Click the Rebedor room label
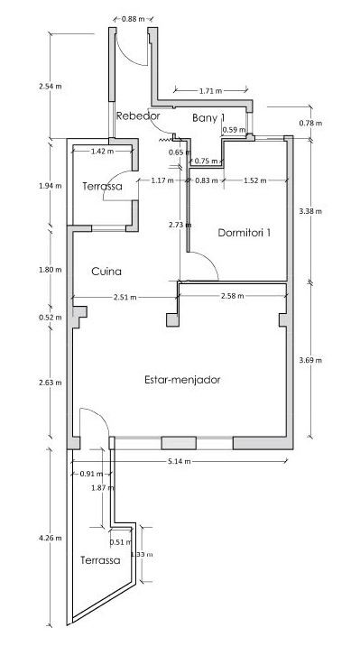click(137, 116)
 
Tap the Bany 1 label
click(208, 118)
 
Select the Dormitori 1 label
click(244, 233)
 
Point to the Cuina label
click(106, 272)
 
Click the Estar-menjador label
click(182, 380)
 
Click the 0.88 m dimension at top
click(133, 19)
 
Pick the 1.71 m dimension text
click(210, 91)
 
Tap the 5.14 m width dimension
click(180, 461)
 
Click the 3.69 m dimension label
click(310, 360)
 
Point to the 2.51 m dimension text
click(125, 298)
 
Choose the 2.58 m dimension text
click(232, 296)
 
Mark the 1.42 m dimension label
click(102, 152)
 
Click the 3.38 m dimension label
click(310, 211)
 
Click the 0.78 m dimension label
click(310, 123)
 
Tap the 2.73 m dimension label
click(180, 225)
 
